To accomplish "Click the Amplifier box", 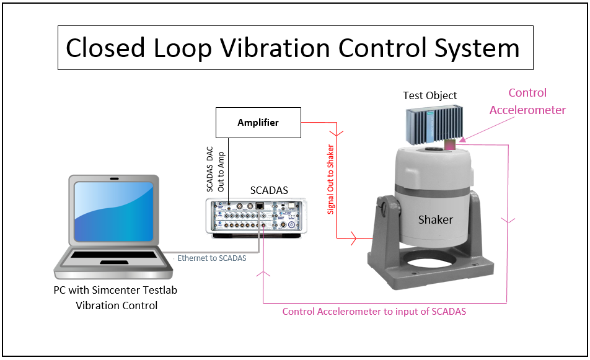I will tap(258, 122).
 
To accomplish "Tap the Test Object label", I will tap(429, 95).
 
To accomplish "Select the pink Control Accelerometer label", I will tap(527, 102).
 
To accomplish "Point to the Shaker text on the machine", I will tap(435, 219).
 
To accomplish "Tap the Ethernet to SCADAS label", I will tap(211, 258).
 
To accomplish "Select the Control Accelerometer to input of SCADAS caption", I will tap(374, 312).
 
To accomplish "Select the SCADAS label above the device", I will tap(269, 190).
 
